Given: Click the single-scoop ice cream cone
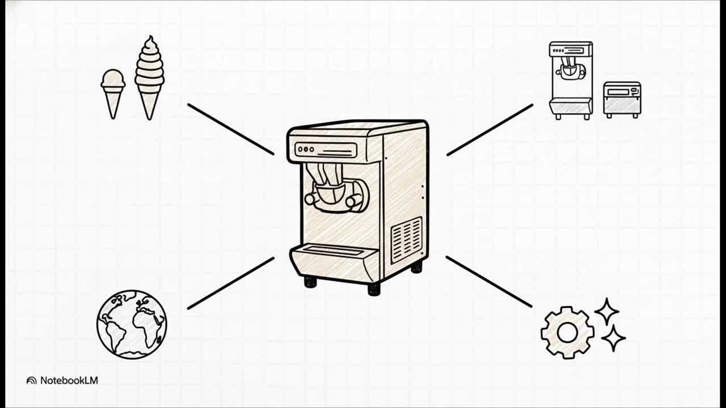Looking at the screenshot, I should (x=113, y=91).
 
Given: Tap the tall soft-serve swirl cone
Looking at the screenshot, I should (x=149, y=76).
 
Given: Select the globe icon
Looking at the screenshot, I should (x=132, y=324).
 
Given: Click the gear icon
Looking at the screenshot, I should (x=567, y=333).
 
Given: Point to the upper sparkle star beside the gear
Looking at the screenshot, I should (x=606, y=312).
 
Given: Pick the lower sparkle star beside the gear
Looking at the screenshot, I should (x=613, y=338).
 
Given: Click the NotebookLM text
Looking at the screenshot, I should (x=69, y=381).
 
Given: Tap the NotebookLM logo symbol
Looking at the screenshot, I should (x=32, y=381).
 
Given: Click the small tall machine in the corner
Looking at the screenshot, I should (x=571, y=79).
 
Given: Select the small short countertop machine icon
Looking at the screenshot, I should (x=622, y=99).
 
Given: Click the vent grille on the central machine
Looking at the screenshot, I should (x=407, y=240).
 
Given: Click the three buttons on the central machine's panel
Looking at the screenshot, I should (x=306, y=150).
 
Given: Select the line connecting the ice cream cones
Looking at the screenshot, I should (x=230, y=129).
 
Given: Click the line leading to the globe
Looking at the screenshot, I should (x=230, y=283).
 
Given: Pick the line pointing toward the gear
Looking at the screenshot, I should (x=489, y=282).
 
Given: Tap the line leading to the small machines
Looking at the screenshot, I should (x=489, y=130).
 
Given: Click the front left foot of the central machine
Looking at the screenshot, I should (x=310, y=282).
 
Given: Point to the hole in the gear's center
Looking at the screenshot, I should (x=567, y=333).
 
